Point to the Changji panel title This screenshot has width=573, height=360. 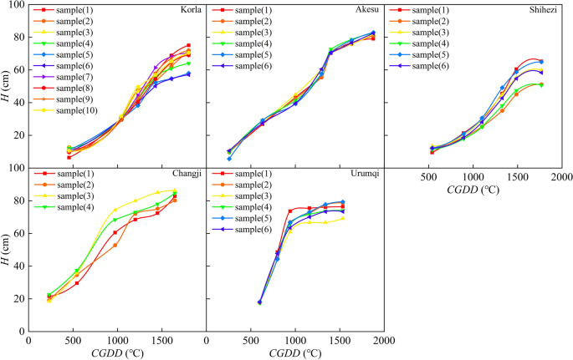pyautogui.click(x=186, y=174)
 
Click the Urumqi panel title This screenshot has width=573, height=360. pyautogui.click(x=366, y=174)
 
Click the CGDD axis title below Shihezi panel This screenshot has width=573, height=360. pyautogui.click(x=473, y=190)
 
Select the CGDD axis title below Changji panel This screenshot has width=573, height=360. pyautogui.click(x=118, y=352)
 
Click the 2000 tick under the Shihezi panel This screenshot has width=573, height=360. pyautogui.click(x=560, y=178)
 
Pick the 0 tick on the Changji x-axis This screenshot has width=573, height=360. pyautogui.click(x=29, y=341)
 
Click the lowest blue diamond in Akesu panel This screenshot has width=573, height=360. pyautogui.click(x=229, y=159)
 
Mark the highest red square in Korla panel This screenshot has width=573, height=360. pyautogui.click(x=188, y=45)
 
